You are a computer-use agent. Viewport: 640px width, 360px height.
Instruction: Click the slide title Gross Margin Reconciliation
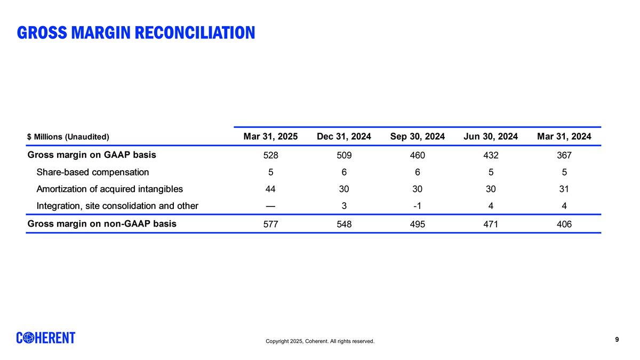pos(136,33)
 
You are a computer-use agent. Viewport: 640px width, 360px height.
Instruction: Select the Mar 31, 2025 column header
pos(270,137)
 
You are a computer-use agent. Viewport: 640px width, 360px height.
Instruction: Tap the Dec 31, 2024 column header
pos(344,137)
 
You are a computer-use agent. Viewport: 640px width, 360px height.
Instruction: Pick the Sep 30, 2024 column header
pos(418,137)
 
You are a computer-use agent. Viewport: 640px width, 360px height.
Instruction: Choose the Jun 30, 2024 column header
pos(491,137)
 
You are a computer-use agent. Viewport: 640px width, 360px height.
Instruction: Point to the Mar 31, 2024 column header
pos(564,137)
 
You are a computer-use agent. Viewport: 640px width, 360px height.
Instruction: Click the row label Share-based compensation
pos(92,172)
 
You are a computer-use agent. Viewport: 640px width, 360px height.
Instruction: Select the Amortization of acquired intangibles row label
pos(109,189)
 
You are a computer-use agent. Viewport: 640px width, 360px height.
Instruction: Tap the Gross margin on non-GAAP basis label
pos(102,223)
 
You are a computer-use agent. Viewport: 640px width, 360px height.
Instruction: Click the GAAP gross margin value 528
pos(270,156)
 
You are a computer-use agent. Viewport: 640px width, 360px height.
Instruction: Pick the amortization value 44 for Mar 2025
pos(270,189)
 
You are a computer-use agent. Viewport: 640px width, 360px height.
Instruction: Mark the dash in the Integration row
pos(270,206)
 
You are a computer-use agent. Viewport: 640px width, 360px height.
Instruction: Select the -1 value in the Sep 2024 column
pos(418,206)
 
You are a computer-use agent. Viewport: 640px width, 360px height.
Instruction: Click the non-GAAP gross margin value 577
pos(270,225)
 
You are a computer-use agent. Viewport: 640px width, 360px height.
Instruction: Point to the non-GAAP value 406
pos(564,225)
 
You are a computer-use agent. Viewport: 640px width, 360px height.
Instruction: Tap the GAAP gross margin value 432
pos(491,156)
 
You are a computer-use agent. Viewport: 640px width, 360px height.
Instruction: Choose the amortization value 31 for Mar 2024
pos(564,189)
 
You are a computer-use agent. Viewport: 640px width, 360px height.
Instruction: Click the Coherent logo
pos(46,338)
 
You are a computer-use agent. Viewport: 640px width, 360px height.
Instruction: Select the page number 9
pos(617,339)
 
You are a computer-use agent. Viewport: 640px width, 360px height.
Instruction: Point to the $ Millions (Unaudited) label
pos(68,137)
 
